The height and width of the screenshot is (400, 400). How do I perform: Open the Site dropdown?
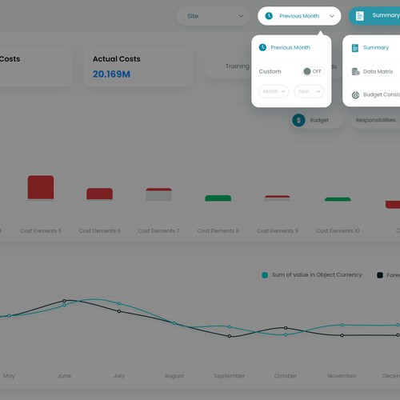tap(213, 16)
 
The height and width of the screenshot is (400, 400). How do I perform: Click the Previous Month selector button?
tap(299, 16)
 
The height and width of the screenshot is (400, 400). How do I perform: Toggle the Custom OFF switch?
tap(312, 71)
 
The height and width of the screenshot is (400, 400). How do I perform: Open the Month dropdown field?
tap(274, 91)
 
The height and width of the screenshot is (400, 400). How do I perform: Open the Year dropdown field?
tap(308, 91)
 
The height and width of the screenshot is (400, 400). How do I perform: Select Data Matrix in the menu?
tap(378, 71)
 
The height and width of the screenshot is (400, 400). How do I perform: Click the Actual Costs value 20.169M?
tap(111, 74)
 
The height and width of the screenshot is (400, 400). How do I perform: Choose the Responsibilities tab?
tap(375, 120)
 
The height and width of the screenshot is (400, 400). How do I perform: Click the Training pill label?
tap(237, 66)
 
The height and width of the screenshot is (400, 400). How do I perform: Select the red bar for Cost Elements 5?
tap(41, 187)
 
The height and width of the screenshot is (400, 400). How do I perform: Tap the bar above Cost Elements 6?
tap(99, 194)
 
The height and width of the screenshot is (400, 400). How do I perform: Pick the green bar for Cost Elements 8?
tap(218, 198)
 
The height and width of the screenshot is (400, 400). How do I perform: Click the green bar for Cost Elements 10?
tap(338, 198)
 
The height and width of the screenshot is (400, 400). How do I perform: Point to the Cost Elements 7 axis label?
tap(158, 230)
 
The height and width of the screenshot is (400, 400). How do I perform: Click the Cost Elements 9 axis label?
tap(277, 230)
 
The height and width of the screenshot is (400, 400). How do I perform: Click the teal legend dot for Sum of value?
tap(265, 275)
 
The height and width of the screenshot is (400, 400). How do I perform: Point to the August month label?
tap(174, 375)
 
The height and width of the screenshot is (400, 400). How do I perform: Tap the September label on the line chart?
tap(229, 375)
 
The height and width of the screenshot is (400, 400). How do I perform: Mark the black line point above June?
tap(64, 302)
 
